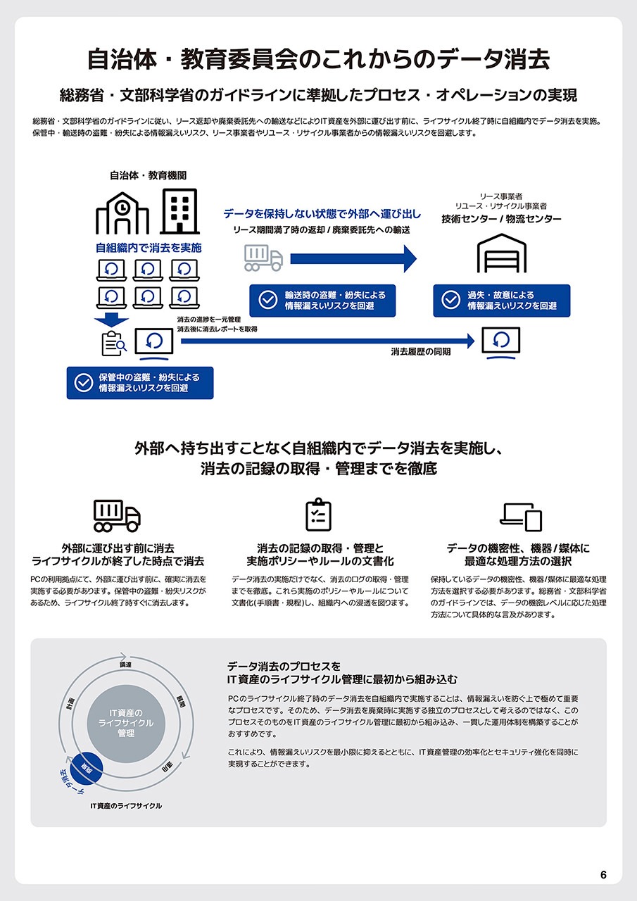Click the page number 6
pyautogui.click(x=603, y=875)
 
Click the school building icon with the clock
pyautogui.click(x=122, y=213)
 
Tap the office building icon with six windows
pyautogui.click(x=180, y=211)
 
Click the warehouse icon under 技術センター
pyautogui.click(x=501, y=253)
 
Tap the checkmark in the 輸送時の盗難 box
pyautogui.click(x=268, y=301)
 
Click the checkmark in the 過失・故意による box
pyautogui.click(x=451, y=301)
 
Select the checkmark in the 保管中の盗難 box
pyautogui.click(x=84, y=382)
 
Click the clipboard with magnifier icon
pyautogui.click(x=113, y=343)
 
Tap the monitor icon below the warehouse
pyautogui.click(x=501, y=342)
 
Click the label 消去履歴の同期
pyautogui.click(x=421, y=351)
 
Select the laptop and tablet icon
pyautogui.click(x=521, y=517)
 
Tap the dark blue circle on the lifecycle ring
pyautogui.click(x=87, y=766)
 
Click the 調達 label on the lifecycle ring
pyautogui.click(x=127, y=664)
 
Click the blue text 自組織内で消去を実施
pyautogui.click(x=149, y=248)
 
